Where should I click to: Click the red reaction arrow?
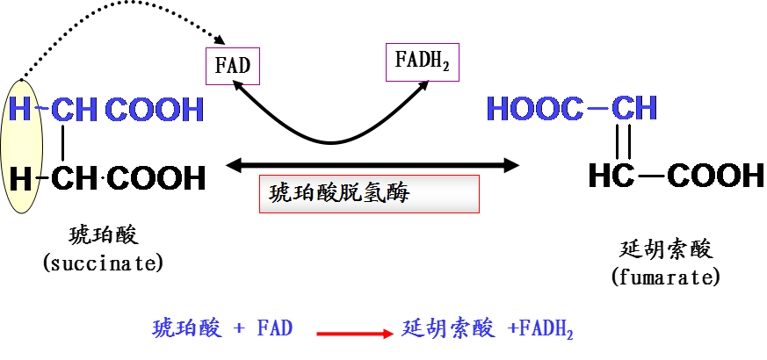[355, 334]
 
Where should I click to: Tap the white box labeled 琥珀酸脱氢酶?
[369, 194]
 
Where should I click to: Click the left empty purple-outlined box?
[233, 66]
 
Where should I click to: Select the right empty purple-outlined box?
[423, 61]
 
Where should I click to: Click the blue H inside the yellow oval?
[19, 110]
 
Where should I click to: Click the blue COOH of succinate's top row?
[155, 111]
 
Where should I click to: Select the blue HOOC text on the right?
[534, 109]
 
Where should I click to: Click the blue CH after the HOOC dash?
[634, 109]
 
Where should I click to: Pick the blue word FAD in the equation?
[274, 329]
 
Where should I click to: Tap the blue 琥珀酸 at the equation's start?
[186, 329]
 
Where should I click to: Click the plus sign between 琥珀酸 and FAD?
[238, 329]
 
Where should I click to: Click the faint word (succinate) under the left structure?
[104, 263]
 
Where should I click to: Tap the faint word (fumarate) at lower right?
[666, 277]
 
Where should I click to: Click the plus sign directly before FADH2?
[512, 329]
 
